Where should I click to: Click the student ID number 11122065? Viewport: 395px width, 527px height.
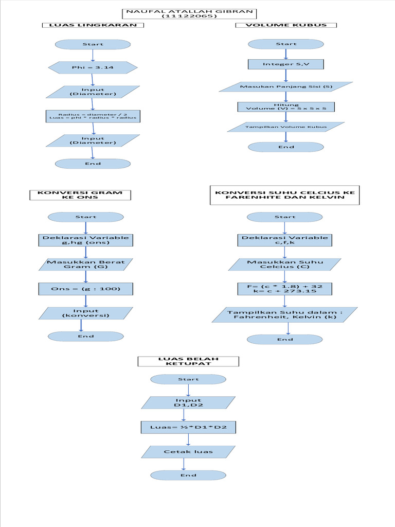190,17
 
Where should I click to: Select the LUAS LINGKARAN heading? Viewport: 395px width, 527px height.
93,25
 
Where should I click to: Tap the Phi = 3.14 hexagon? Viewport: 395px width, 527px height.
93,67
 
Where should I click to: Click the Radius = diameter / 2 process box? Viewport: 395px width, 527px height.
93,116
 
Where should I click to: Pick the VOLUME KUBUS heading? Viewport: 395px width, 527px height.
286,25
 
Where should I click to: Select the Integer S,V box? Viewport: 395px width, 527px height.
286,64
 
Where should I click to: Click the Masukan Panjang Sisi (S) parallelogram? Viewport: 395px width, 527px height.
286,86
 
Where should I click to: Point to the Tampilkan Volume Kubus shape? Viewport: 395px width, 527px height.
286,127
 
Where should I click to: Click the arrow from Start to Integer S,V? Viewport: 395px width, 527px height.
286,54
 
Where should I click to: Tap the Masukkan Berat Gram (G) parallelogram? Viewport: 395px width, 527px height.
85,265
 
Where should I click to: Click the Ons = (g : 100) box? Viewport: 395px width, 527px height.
85,289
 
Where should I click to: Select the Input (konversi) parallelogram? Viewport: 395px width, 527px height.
85,313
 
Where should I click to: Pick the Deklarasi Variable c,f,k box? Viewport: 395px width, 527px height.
285,240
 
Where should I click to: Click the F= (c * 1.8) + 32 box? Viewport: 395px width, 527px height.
285,289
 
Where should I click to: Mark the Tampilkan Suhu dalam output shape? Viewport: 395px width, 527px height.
285,314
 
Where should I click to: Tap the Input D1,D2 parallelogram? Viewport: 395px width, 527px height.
188,403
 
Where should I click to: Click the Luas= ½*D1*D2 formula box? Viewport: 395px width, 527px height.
188,427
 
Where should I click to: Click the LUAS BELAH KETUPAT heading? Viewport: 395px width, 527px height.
188,361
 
